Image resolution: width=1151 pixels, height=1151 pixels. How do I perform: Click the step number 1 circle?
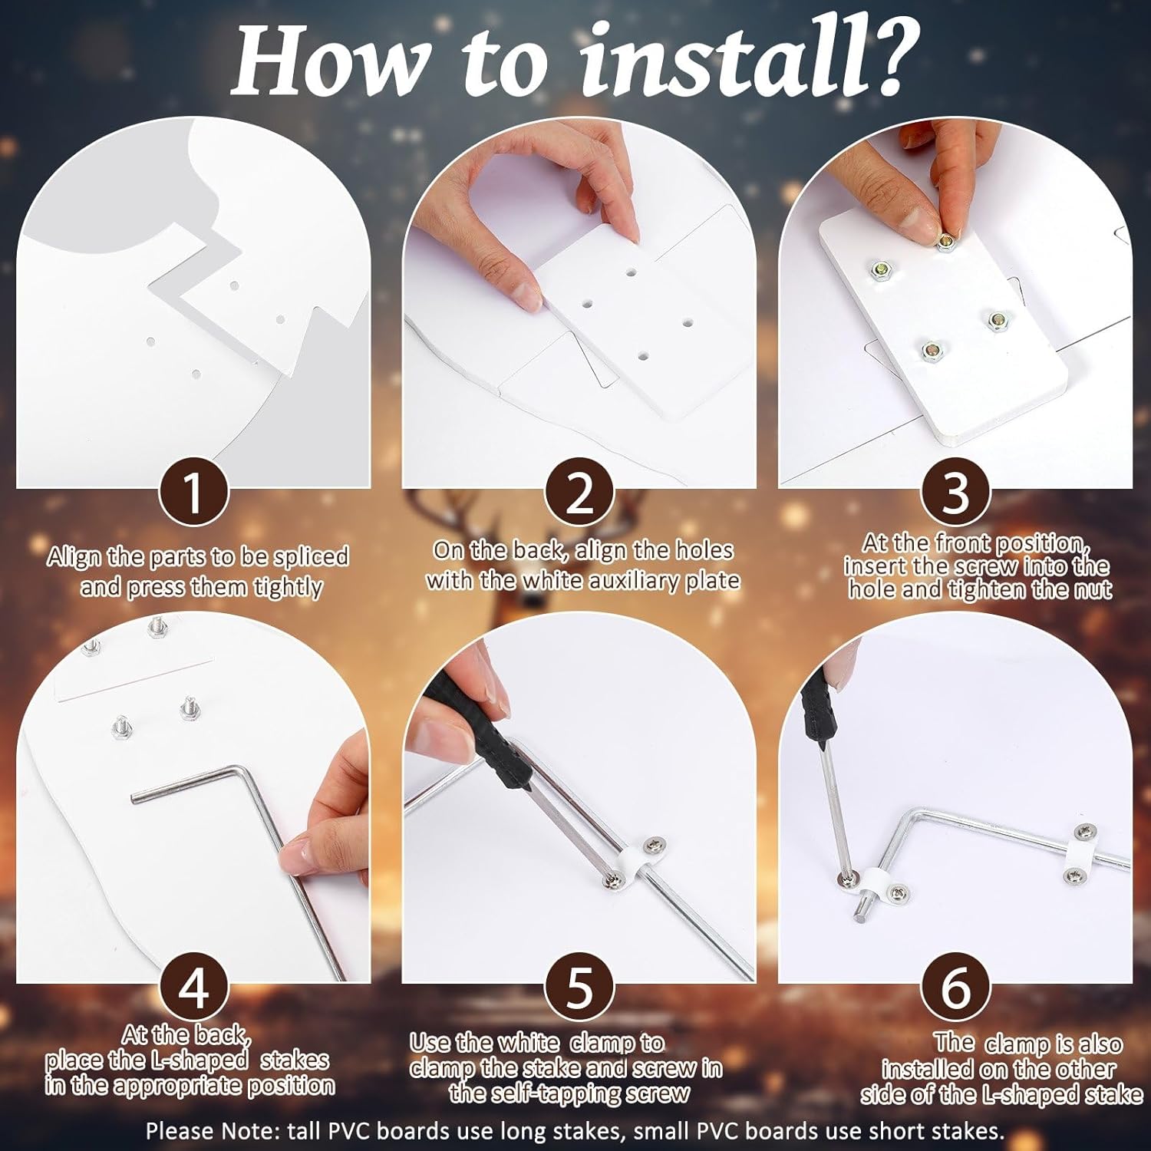194,493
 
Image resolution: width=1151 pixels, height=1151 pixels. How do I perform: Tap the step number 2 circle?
579,493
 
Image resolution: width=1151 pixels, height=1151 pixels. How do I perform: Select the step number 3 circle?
955,493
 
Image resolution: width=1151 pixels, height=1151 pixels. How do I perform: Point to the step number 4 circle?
194,988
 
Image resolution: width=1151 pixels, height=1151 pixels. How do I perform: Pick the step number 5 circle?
579,988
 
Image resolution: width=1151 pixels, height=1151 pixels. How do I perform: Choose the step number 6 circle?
955,988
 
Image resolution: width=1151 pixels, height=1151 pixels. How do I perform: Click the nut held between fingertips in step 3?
944,242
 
